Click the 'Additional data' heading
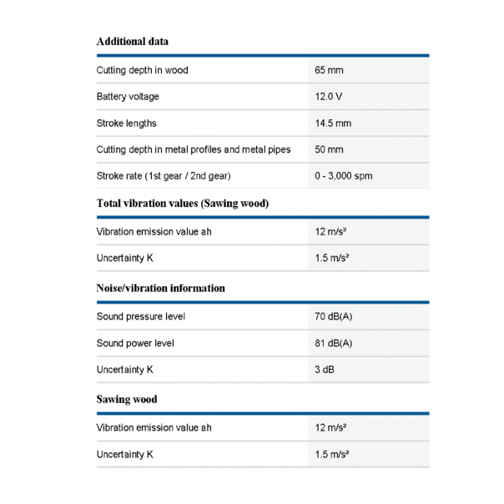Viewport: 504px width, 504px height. [x=134, y=41]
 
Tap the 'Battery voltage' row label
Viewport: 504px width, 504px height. [x=128, y=97]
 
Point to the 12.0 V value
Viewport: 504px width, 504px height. [x=329, y=97]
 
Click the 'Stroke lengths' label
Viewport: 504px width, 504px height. [x=127, y=123]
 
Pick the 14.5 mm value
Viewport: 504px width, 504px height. [x=333, y=123]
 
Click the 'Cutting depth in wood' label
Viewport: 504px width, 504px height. [x=143, y=70]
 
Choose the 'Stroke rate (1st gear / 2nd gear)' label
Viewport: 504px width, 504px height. [x=164, y=176]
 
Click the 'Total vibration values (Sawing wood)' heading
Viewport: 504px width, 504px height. [x=183, y=203]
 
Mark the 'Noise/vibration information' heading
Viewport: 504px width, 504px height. [x=161, y=288]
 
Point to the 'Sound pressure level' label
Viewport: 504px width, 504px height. [x=141, y=317]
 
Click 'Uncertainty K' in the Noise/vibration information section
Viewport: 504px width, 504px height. [x=125, y=370]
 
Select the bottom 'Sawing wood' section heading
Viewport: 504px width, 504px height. [x=127, y=399]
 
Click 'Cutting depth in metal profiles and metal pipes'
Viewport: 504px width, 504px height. [x=194, y=150]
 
